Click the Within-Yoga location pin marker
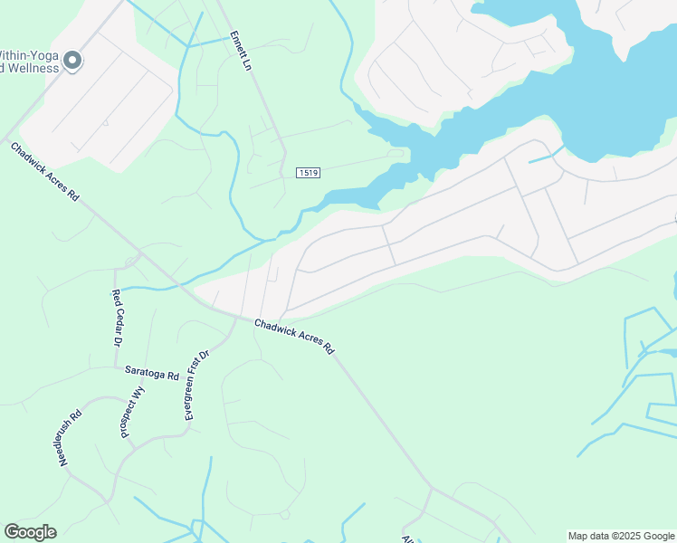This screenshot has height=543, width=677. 72,61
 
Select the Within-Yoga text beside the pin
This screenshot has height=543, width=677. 30,55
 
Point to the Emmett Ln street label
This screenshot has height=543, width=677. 239,52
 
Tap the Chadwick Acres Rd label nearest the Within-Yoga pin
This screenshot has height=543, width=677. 45,171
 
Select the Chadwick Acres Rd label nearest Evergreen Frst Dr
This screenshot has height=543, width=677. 294,336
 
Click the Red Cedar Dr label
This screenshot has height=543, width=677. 116,318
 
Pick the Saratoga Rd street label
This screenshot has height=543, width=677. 152,372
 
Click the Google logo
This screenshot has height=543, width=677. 30,532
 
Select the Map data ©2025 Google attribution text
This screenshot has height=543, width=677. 620,536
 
